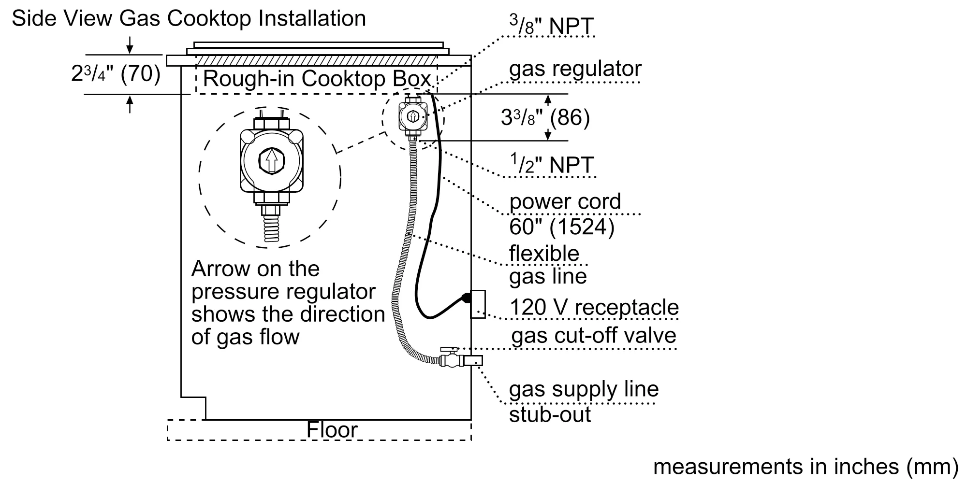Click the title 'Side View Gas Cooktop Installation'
point(189,19)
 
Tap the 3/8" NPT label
point(551,26)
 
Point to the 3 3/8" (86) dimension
point(545,117)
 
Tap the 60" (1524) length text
point(561,227)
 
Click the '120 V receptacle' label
point(594,308)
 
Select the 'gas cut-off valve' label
point(593,336)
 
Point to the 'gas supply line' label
point(584,389)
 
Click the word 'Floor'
point(332,430)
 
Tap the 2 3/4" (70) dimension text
point(116,74)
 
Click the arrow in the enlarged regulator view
point(272,160)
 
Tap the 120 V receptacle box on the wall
point(478,304)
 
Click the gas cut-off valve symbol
point(450,358)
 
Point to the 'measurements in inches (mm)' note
point(806,467)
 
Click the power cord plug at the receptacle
point(466,298)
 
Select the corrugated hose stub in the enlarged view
point(272,228)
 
